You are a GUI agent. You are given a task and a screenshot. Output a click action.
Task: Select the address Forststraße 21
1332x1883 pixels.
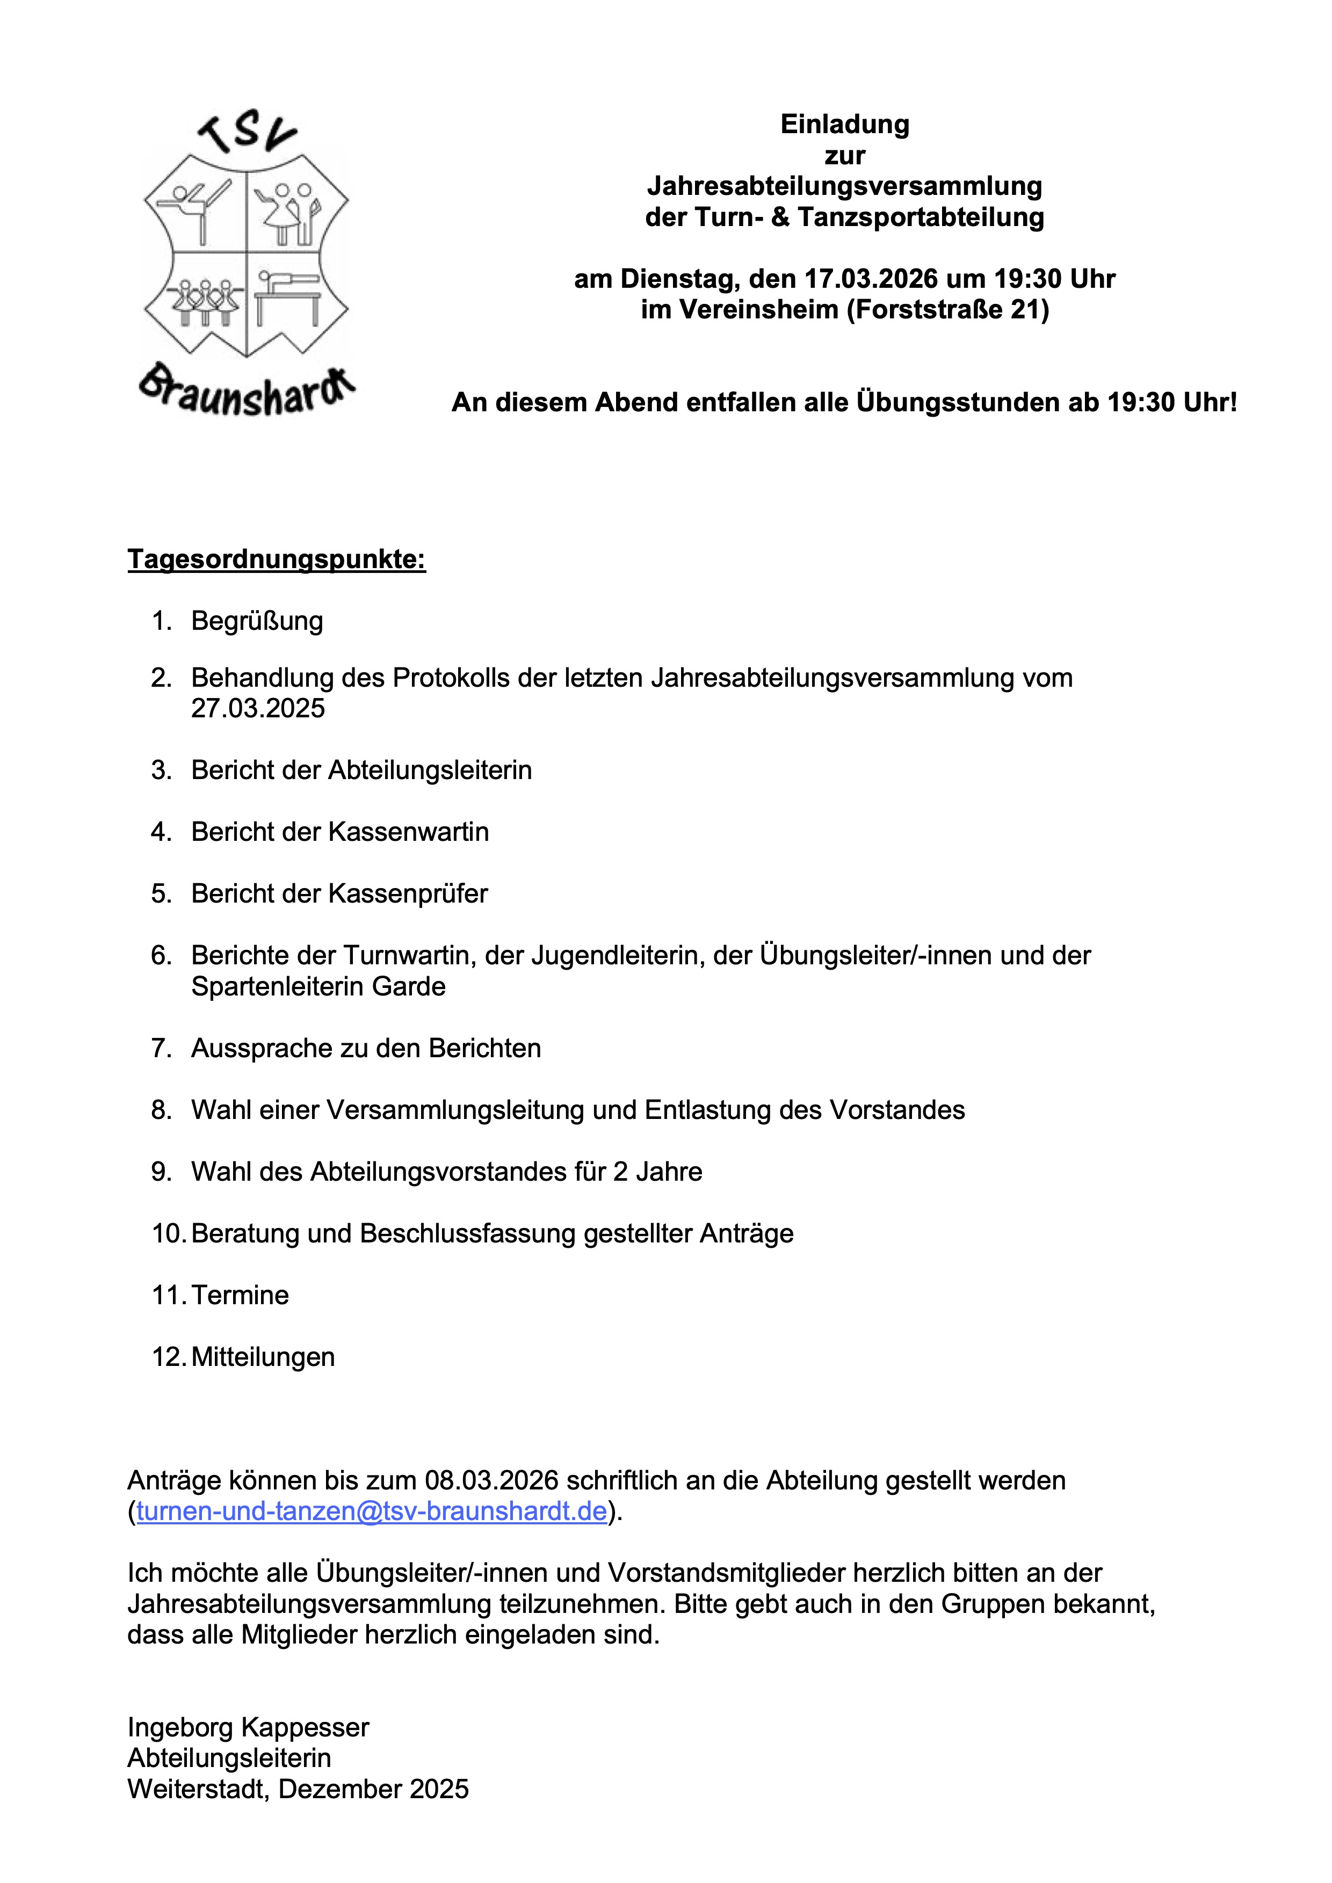[x=946, y=310]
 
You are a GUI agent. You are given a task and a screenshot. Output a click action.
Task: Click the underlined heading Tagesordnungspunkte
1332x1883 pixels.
[x=277, y=559]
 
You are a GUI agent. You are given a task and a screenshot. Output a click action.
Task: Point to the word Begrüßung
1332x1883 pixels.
[x=257, y=621]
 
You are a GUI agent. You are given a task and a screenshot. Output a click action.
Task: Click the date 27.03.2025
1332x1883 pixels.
[x=258, y=708]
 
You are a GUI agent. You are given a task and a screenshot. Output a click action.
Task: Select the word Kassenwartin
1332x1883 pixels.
[x=408, y=832]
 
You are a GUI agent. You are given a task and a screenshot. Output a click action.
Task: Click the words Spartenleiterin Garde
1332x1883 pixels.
[x=318, y=986]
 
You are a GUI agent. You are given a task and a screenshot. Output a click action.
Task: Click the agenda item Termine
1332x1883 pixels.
[x=240, y=1295]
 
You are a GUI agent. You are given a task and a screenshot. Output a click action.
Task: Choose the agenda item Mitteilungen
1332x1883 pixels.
[x=263, y=1356]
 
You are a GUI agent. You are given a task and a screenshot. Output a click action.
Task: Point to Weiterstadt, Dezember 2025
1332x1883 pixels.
[x=298, y=1789]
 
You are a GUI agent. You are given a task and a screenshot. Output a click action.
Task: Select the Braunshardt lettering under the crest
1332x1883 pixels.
[x=245, y=392]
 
